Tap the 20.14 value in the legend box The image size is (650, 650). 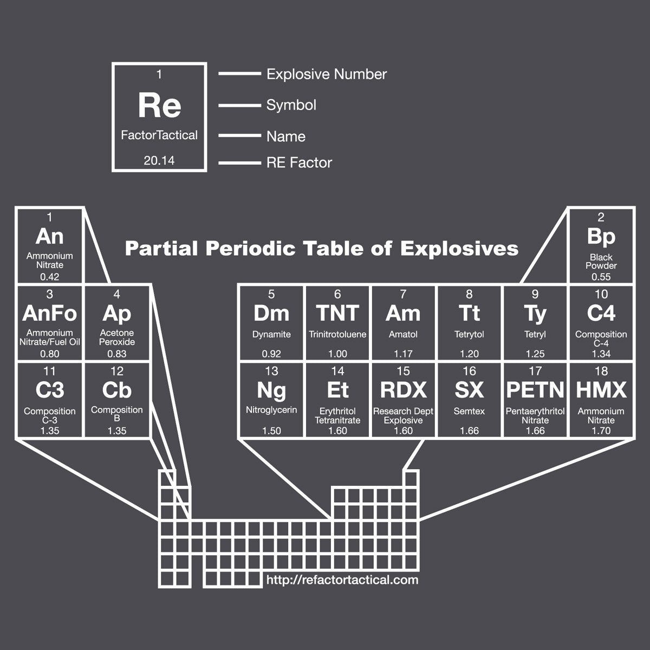pos(159,161)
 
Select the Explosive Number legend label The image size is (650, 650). pos(327,74)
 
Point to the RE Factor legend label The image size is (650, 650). pos(299,162)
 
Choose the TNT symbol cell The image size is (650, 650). pos(337,313)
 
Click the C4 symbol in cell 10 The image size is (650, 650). pos(601,313)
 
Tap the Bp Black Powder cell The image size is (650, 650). pos(601,246)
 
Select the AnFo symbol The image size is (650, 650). pos(50,313)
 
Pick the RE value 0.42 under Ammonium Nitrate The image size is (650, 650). pos(50,277)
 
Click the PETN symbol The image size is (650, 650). pos(535,390)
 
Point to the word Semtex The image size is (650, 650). pos(469,412)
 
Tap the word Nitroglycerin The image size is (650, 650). pos(271,410)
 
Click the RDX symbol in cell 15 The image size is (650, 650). pos(404,390)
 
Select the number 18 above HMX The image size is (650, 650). pos(601,372)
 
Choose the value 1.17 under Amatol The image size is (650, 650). pos(404,354)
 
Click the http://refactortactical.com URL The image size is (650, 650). pos(342,580)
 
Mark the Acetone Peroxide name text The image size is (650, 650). pos(117,337)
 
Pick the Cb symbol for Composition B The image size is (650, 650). pos(117,390)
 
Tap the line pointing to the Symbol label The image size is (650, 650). pos(239,105)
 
